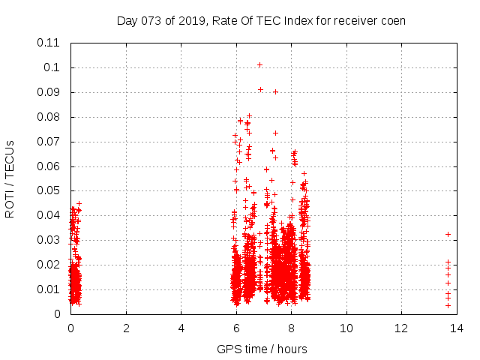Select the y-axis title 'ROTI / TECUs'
(10, 178)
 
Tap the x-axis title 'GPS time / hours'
(262, 349)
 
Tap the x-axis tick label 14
(456, 328)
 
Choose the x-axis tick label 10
(346, 328)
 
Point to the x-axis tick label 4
(181, 328)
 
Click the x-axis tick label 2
(126, 328)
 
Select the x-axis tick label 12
(401, 328)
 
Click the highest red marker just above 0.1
(259, 64)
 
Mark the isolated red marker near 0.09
(275, 92)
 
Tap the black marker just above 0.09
(260, 90)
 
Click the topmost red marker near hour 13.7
(448, 234)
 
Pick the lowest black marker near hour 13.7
(448, 305)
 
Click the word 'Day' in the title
(127, 20)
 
